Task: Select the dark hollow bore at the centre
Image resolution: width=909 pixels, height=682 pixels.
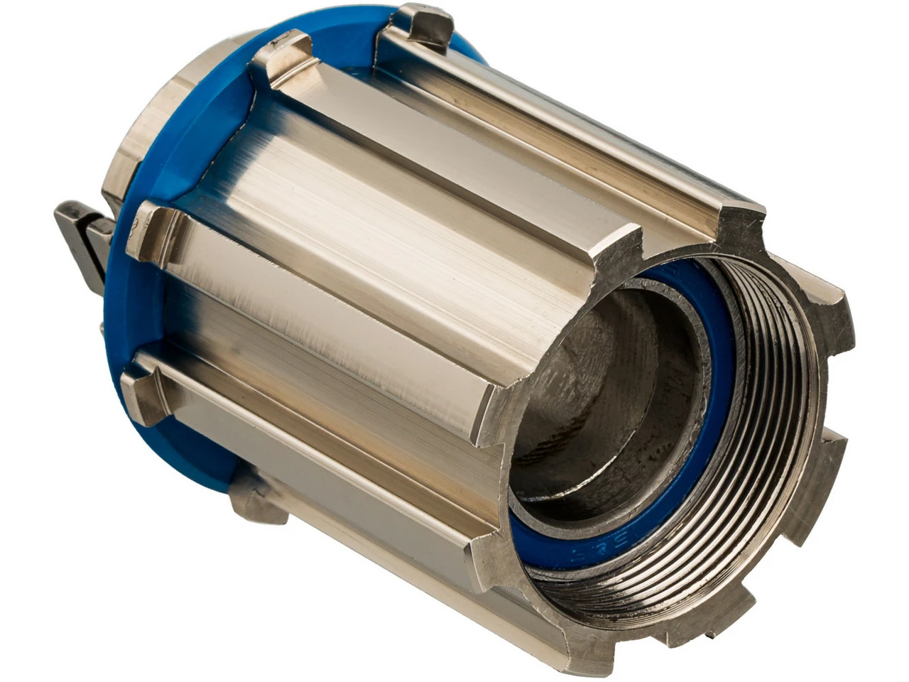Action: coord(604,398)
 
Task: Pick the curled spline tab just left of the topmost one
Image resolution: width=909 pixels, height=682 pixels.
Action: coord(284,60)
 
